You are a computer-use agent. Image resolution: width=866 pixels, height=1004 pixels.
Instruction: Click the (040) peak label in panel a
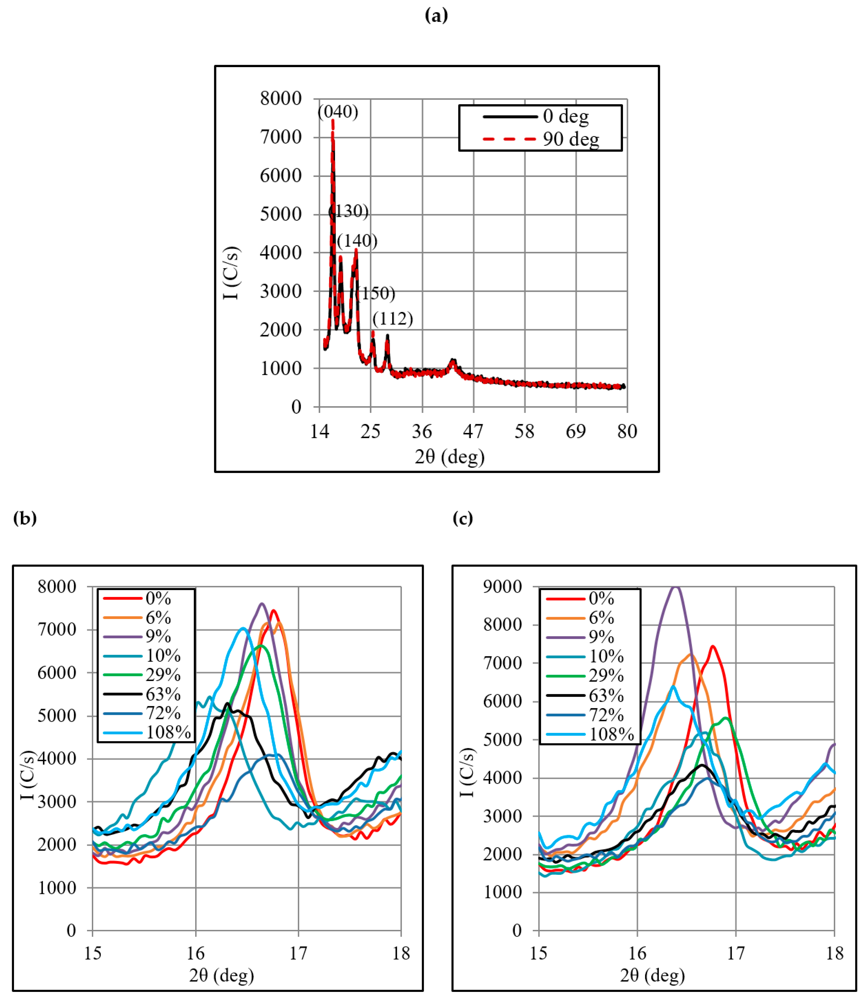click(338, 112)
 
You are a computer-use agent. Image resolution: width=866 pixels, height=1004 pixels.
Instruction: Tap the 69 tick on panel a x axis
click(576, 431)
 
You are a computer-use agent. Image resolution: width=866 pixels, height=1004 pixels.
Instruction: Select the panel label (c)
click(462, 518)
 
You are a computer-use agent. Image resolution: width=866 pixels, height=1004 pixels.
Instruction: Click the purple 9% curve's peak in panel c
click(675, 588)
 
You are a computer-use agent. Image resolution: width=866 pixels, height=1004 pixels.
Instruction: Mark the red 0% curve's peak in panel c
click(712, 646)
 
